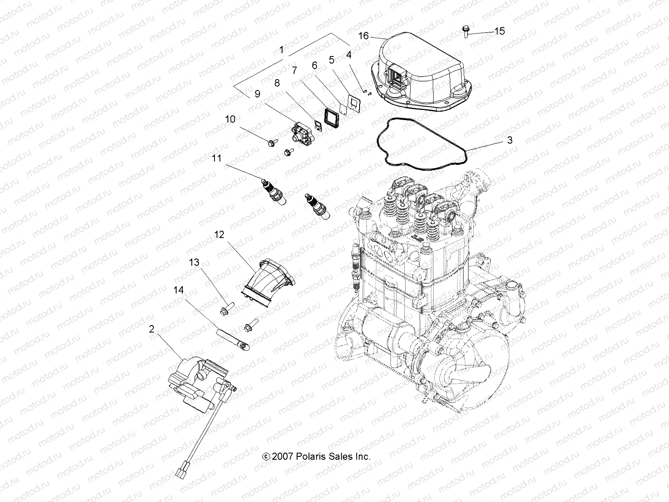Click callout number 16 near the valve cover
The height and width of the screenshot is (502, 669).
coord(363,36)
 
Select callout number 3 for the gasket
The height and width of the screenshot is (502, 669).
coord(509,140)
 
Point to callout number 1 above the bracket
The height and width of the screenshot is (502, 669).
coord(281,50)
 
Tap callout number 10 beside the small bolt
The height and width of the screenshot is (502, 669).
coord(230,119)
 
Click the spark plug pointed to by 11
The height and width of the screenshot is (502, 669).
coord(274,194)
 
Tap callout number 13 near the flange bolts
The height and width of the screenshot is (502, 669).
coord(194,262)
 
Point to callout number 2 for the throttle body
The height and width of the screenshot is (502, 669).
coord(151,329)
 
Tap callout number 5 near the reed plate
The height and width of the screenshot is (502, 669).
coord(332,60)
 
